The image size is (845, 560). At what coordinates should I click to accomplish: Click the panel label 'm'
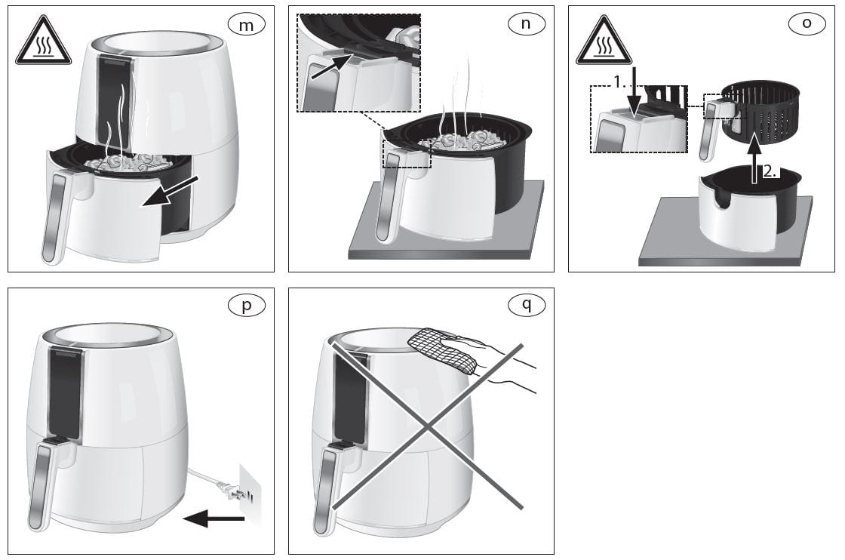[x=246, y=24]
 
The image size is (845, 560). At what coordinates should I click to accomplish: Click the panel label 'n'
[x=526, y=24]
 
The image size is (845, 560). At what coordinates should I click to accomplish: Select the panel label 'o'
[x=807, y=23]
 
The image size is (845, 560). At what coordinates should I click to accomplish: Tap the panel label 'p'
[x=246, y=306]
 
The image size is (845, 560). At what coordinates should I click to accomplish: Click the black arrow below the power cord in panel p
[x=215, y=518]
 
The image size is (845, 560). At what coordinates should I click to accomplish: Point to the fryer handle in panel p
[x=42, y=483]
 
